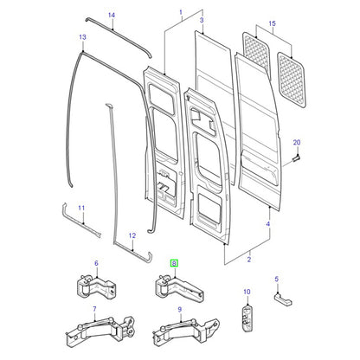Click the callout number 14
click(112, 15)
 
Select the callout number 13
click(82, 37)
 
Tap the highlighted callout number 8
click(174, 263)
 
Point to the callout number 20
click(297, 143)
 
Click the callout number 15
click(273, 23)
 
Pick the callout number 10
click(247, 292)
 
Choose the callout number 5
click(277, 279)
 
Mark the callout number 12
click(132, 235)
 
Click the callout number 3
click(202, 20)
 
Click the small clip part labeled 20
click(296, 158)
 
